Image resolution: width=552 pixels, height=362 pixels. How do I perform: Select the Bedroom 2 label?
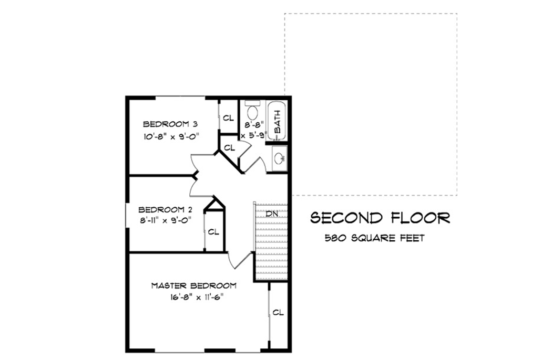[163, 209]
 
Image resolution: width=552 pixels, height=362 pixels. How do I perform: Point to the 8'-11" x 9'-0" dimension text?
[163, 220]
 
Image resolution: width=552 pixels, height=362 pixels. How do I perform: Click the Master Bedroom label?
[193, 286]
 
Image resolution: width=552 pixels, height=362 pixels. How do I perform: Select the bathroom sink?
[280, 157]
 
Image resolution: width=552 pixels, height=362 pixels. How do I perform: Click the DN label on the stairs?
[271, 214]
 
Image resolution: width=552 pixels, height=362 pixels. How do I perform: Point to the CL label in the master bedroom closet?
[278, 313]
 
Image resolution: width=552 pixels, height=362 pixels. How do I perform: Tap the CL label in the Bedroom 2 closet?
[213, 232]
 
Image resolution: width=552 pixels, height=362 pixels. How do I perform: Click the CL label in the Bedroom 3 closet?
[228, 118]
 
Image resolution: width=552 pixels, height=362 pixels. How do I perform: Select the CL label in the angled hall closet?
[229, 148]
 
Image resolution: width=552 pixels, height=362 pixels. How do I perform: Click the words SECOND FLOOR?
[380, 218]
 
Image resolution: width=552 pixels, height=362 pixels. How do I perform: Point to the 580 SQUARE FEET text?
[374, 238]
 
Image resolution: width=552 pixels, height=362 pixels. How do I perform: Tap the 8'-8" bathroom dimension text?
[254, 125]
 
